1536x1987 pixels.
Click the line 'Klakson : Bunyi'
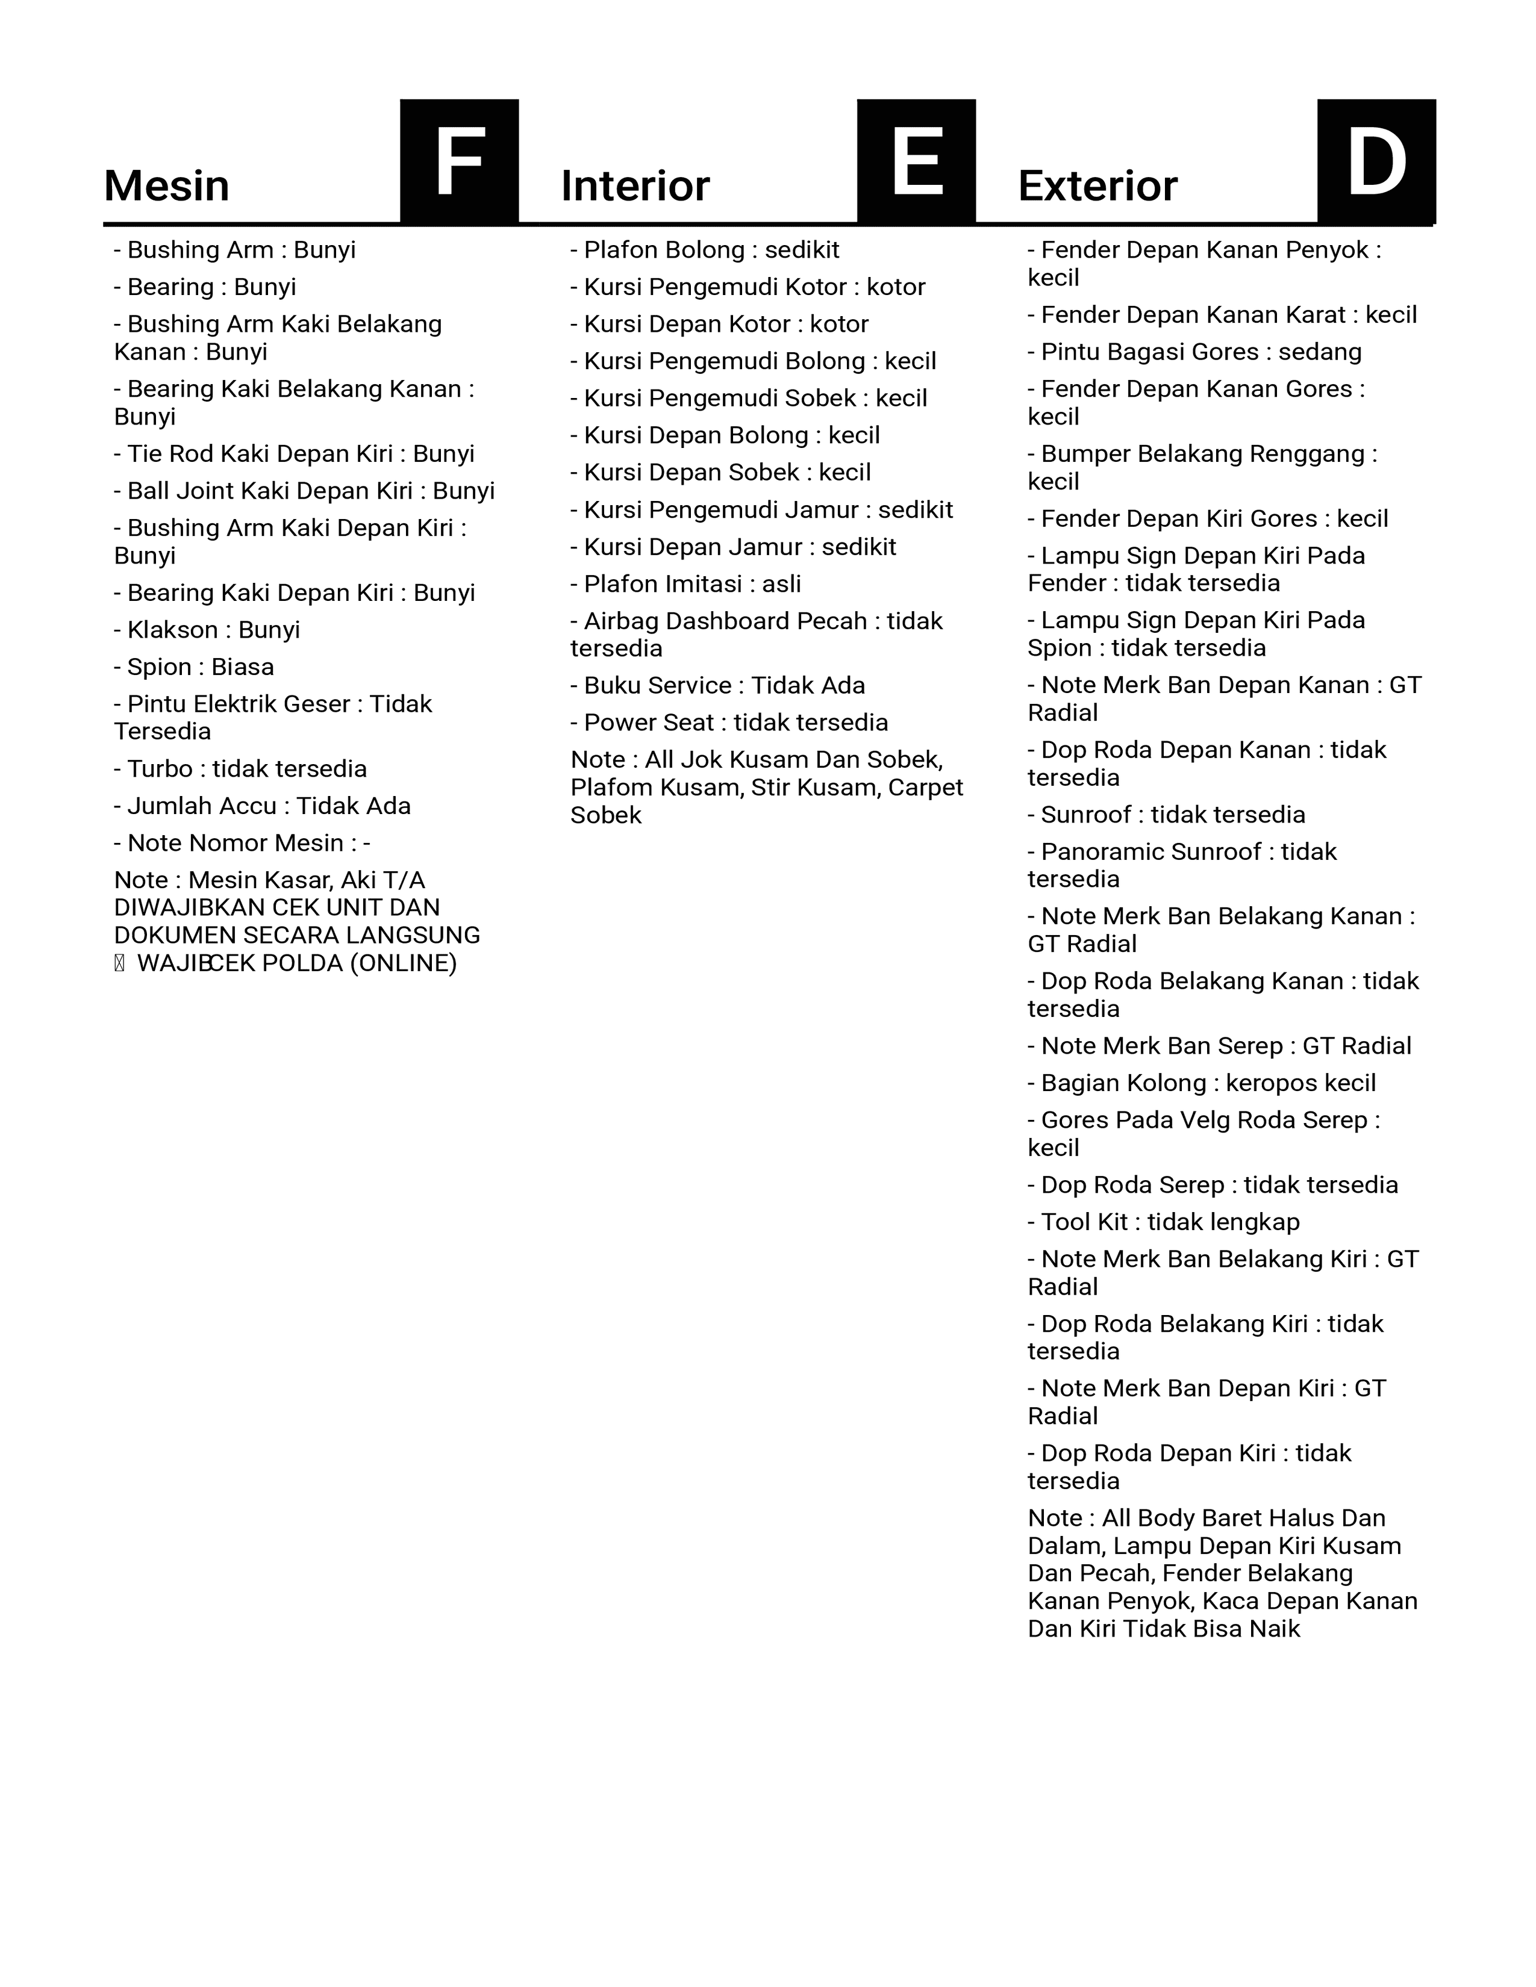coord(207,630)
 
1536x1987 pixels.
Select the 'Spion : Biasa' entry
coord(194,667)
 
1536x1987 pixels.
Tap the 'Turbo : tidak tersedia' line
coord(240,769)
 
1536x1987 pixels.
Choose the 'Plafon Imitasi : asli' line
coord(685,584)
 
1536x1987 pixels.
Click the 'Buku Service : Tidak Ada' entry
coord(717,685)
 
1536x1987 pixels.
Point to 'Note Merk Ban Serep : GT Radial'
coord(1219,1046)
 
